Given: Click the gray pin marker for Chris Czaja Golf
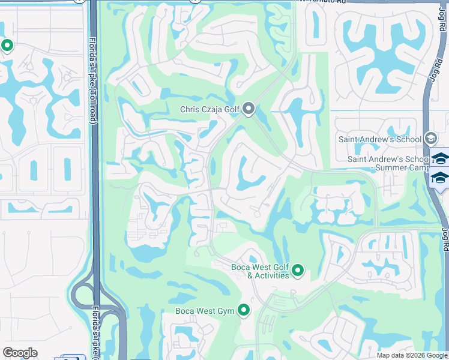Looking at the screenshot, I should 249,109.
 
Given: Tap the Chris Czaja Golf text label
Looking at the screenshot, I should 210,109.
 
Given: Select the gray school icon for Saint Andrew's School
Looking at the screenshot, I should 430,139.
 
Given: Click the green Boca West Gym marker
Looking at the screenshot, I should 244,310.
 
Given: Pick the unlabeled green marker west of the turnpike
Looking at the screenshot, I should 7,46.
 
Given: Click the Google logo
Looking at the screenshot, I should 20,353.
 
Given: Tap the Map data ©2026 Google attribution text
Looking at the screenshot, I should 412,355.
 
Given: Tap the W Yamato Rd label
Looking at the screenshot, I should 325,2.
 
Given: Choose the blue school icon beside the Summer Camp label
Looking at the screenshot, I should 440,178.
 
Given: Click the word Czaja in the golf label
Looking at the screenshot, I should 215,109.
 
